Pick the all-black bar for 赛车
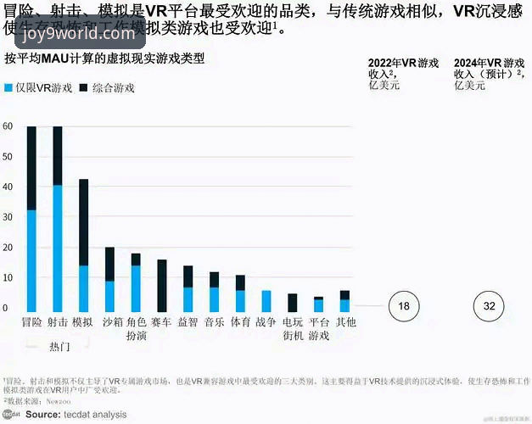coord(161,286)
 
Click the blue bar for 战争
coord(266,301)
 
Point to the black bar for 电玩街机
coord(292,303)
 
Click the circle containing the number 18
coord(405,306)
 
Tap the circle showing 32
coord(489,306)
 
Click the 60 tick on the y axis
coord(8,126)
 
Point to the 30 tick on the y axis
coord(8,218)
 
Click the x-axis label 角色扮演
coord(136,329)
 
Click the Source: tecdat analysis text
coord(75,415)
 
